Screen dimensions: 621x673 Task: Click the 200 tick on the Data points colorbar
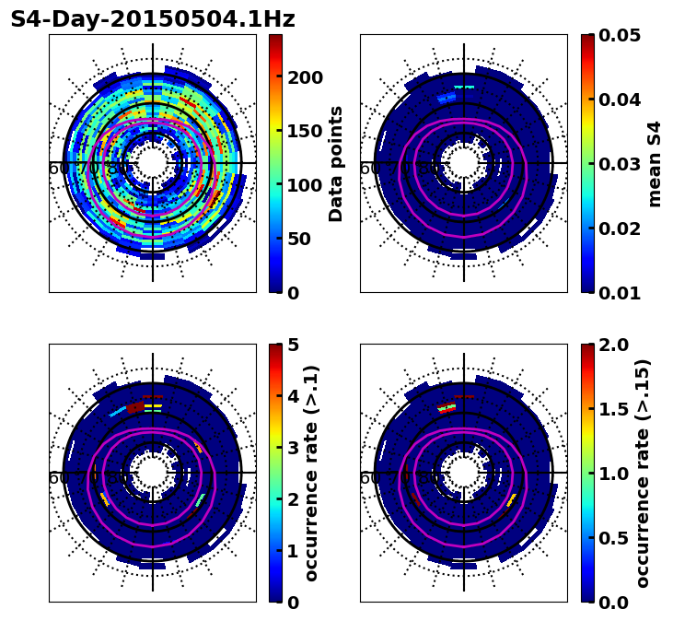(x=305, y=77)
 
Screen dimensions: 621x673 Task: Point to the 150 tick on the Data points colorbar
(x=305, y=131)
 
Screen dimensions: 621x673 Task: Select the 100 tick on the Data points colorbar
(x=305, y=185)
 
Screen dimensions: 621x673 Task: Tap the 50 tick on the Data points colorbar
(x=299, y=239)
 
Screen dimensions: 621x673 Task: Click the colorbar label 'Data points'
(x=336, y=163)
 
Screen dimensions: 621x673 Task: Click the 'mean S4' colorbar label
(x=655, y=163)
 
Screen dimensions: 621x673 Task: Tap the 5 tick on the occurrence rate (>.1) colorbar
(x=294, y=345)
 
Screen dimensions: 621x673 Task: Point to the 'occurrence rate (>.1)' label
(x=311, y=473)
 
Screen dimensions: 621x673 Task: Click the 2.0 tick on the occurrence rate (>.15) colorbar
(x=612, y=345)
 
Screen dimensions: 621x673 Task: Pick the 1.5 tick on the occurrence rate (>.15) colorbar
(x=612, y=409)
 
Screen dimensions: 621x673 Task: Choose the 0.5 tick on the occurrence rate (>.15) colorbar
(x=612, y=538)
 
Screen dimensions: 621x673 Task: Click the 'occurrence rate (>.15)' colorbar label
(x=643, y=473)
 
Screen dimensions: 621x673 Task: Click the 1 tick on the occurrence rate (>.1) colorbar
(x=294, y=551)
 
